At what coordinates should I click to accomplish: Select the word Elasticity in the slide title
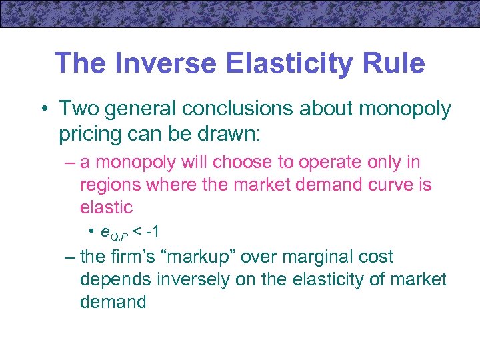pos(284,64)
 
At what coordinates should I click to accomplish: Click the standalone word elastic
pos(106,207)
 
